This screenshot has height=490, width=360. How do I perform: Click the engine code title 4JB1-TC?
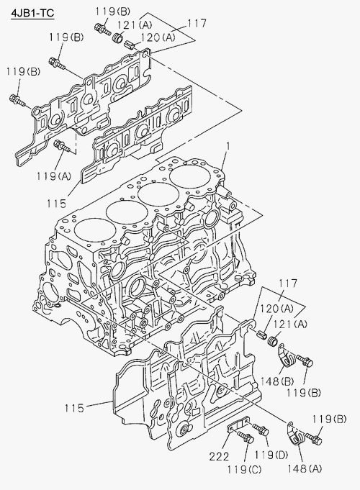pos(32,13)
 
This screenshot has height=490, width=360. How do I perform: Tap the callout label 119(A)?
pos(54,176)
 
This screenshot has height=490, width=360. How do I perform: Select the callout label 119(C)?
pos(244,469)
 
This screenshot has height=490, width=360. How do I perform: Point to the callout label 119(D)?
pos(271,454)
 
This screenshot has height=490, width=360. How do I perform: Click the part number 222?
pos(219,457)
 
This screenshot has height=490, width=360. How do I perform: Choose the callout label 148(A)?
pos(305,468)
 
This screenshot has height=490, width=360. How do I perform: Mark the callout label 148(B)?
pos(277,381)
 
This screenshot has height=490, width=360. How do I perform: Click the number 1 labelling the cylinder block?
pos(229,146)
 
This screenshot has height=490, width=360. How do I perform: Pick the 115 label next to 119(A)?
pos(57,204)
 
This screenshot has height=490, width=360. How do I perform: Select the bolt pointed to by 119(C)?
pos(246,437)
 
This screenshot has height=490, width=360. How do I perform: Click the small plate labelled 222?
pos(238,425)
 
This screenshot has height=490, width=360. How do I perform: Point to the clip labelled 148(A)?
pos(295,433)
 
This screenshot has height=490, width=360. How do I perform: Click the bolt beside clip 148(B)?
pos(305,361)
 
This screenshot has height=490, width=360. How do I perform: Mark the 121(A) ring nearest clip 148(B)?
pos(272,340)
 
